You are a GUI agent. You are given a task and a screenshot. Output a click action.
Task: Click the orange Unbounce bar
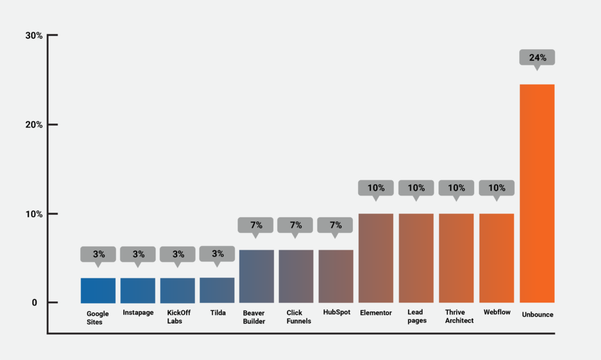(x=537, y=193)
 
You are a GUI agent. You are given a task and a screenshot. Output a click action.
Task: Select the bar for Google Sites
(x=98, y=290)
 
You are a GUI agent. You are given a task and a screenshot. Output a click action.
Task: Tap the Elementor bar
(x=376, y=258)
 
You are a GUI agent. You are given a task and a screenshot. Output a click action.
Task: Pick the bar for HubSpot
(x=336, y=276)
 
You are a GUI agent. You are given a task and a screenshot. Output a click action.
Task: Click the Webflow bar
(x=497, y=258)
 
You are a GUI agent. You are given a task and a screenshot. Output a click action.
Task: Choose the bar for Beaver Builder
(x=256, y=276)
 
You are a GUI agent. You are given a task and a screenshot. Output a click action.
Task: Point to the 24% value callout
(x=537, y=58)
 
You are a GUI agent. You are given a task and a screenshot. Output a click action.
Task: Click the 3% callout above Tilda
(x=217, y=254)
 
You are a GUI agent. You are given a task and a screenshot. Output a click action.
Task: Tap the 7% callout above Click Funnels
(x=295, y=225)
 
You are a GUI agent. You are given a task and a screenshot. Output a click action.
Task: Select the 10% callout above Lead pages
(x=416, y=188)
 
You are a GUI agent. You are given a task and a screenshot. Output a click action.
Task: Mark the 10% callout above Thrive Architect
(x=456, y=188)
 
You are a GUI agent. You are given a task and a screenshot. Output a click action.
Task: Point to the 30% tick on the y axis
(x=34, y=36)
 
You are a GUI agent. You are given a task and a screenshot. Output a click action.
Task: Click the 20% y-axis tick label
(x=34, y=125)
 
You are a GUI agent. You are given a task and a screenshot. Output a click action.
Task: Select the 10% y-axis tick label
(x=34, y=214)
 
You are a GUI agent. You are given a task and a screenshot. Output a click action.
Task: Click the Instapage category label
(x=138, y=313)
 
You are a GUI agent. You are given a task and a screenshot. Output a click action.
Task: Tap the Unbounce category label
(x=537, y=315)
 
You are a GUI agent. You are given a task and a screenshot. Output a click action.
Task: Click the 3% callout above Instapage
(x=138, y=254)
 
